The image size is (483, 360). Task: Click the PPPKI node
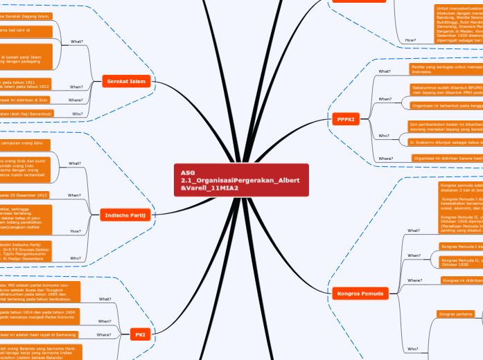point(346,120)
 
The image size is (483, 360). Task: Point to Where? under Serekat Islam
point(76,100)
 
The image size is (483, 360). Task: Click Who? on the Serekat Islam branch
point(77,113)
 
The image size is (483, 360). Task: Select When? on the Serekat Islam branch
point(76,87)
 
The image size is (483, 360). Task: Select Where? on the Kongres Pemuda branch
point(414,280)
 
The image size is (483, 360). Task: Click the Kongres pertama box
point(453,314)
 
